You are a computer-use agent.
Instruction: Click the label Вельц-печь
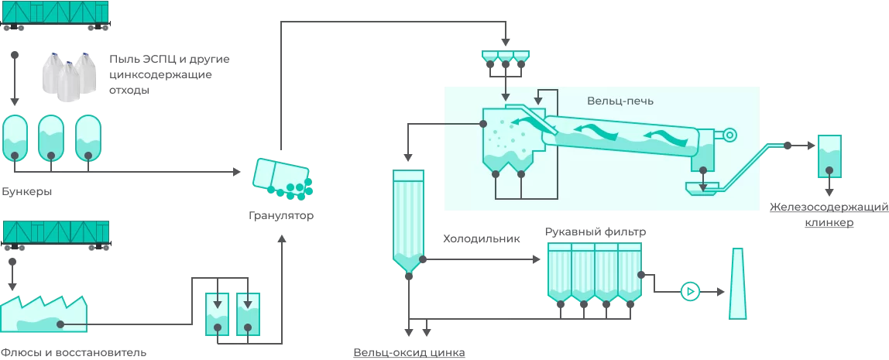620,101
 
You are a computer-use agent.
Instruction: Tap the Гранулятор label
281,215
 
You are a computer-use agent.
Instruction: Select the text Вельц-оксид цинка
409,353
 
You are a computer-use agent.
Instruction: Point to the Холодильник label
482,239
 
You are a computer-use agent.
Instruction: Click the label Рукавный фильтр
595,231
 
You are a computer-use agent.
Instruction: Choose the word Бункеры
27,191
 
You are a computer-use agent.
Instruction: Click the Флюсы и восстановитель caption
74,353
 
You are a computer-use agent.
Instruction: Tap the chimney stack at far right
738,284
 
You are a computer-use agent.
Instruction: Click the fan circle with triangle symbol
689,292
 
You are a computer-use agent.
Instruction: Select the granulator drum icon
283,177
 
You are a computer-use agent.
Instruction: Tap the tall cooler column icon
408,220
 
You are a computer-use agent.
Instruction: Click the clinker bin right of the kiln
829,157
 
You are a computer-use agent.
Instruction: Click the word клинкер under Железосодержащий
829,223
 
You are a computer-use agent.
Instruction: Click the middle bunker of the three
50,138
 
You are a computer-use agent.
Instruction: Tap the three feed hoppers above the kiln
506,57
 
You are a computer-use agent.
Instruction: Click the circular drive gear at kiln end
729,135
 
